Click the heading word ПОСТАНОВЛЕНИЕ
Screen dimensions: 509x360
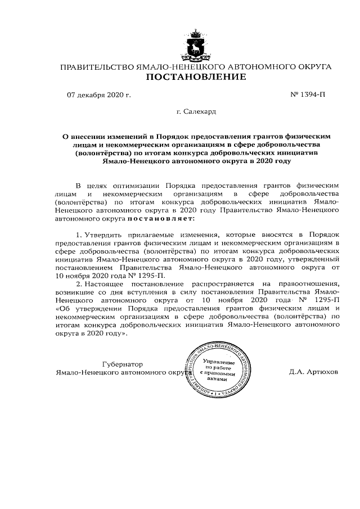tap(196, 76)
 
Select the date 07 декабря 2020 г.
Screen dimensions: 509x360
tap(98, 94)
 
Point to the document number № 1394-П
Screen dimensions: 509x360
tap(308, 94)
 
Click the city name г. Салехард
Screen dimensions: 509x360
tap(196, 112)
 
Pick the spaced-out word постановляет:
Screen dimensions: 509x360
tap(161, 218)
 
